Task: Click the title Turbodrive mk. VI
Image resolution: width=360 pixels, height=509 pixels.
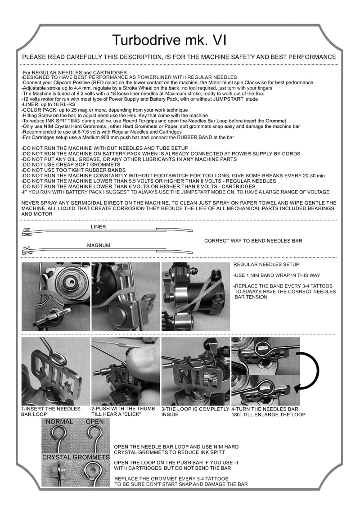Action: (x=169, y=41)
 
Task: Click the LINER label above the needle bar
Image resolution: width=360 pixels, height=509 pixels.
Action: (x=98, y=227)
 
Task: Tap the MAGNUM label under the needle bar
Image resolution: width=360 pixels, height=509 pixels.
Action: (x=98, y=245)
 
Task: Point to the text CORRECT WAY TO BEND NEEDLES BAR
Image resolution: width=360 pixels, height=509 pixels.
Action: (x=253, y=241)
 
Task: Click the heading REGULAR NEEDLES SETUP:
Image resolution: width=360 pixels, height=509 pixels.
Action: (x=267, y=265)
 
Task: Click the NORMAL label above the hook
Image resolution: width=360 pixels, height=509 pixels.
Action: (x=59, y=422)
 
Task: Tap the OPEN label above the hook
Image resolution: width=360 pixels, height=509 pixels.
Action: (x=94, y=422)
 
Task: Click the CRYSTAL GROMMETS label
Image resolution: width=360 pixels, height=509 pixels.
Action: (x=76, y=457)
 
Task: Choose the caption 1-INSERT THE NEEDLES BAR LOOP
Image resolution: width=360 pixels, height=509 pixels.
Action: (x=50, y=411)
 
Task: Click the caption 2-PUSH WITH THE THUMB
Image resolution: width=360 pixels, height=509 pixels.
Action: (x=123, y=409)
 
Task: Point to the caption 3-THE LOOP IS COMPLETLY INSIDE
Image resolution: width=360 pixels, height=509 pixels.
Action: (x=195, y=411)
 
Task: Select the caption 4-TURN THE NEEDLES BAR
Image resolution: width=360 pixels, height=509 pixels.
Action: (x=265, y=409)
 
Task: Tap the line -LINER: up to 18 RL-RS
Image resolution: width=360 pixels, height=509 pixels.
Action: (x=49, y=104)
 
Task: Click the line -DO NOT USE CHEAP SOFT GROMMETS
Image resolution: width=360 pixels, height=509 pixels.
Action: (x=68, y=165)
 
